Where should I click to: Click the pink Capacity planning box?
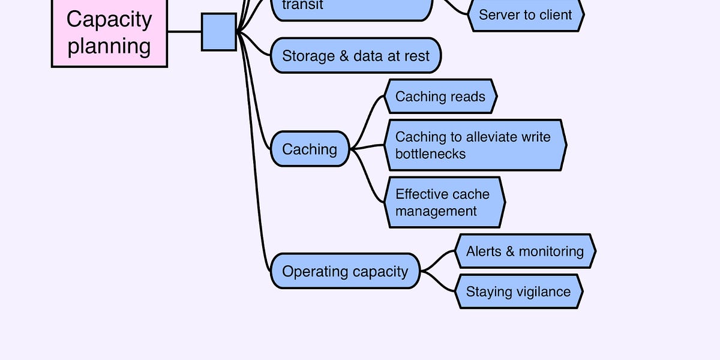[109, 32]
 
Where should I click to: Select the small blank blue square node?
[218, 32]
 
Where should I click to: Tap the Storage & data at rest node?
[356, 56]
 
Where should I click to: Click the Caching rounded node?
[310, 149]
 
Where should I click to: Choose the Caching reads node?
[440, 96]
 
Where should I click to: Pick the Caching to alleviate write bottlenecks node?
[475, 145]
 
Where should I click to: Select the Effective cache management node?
[443, 202]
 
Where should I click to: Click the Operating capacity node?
[345, 271]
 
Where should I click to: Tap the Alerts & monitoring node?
[525, 251]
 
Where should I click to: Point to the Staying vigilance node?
[519, 292]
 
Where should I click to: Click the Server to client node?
[526, 14]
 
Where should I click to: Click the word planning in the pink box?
[109, 46]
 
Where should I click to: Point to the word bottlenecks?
[430, 154]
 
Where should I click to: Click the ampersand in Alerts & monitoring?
[510, 251]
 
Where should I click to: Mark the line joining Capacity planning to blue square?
[184, 31]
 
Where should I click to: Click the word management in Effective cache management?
[436, 211]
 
